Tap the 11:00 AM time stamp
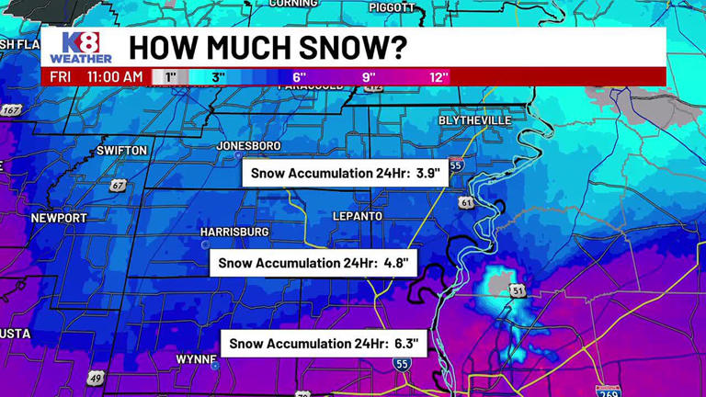tap(115, 77)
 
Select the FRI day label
tap(62, 77)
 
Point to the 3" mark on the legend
tap(218, 77)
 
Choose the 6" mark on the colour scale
tap(299, 77)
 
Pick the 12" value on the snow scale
tap(438, 77)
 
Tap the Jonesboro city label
tap(248, 145)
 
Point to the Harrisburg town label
tap(234, 232)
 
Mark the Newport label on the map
tap(59, 218)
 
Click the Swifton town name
tap(121, 150)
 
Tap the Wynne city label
tap(195, 358)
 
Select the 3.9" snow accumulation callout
tap(345, 173)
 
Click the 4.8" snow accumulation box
tap(314, 263)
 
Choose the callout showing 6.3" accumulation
tap(324, 344)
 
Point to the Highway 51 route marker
tap(518, 291)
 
